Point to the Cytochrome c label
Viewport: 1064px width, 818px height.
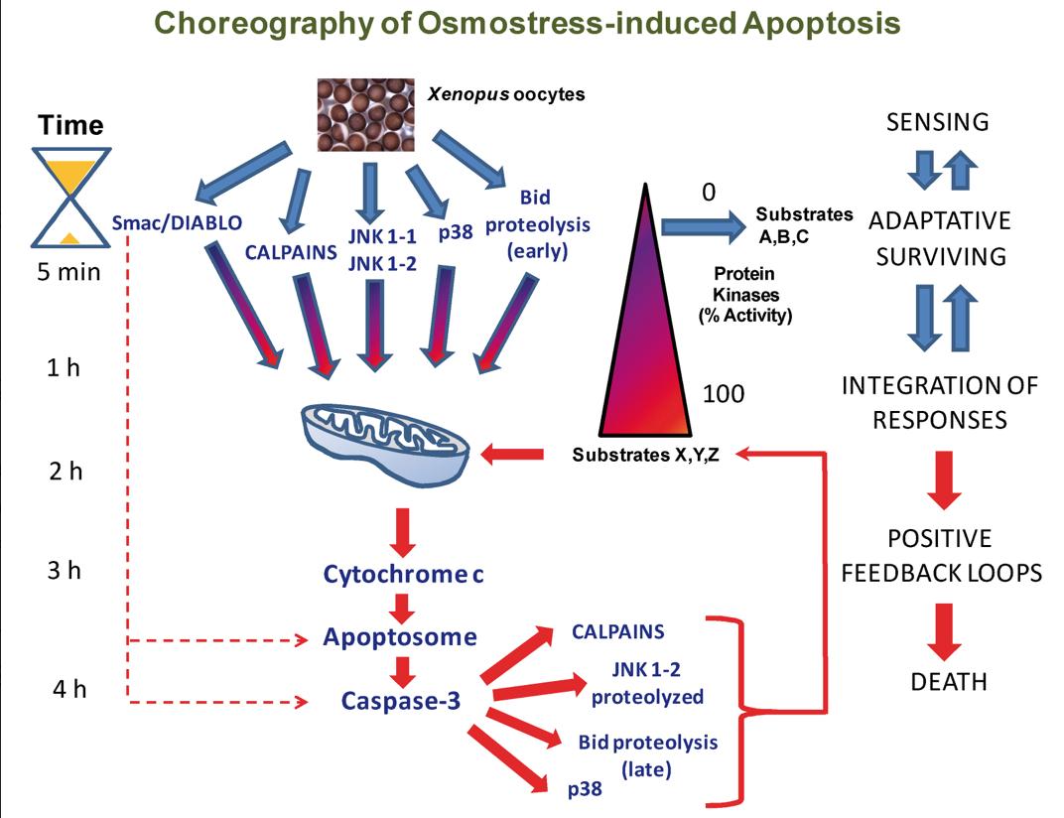[404, 574]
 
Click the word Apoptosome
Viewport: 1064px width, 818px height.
[400, 636]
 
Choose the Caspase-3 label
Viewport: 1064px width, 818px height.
[400, 700]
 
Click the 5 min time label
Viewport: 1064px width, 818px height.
[65, 270]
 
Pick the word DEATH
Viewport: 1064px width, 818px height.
[950, 682]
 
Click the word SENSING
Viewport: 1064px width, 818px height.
[938, 123]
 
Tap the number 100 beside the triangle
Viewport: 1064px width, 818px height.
[724, 393]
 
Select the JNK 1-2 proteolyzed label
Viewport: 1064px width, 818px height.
[647, 685]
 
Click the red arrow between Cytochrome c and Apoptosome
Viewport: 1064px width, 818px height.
[401, 606]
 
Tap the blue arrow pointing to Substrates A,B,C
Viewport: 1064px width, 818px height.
[699, 226]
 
